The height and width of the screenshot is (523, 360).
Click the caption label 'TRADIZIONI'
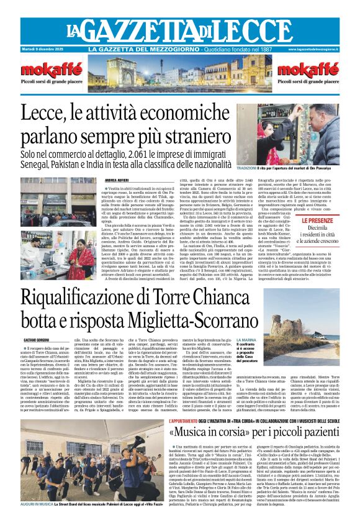click(x=247, y=168)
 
